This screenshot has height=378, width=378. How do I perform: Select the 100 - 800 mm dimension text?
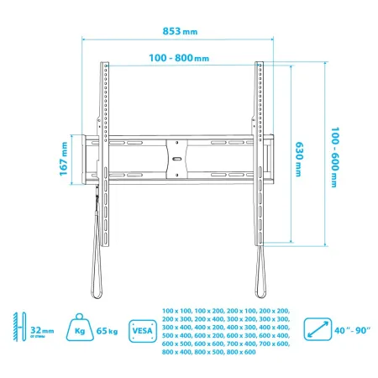tap(180, 59)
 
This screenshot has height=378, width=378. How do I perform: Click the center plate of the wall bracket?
tap(180, 156)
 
